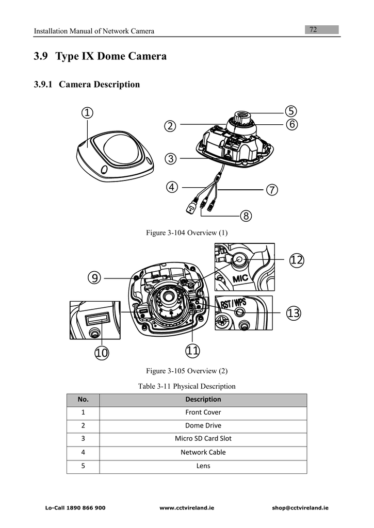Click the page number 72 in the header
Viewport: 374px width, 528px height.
[x=313, y=30]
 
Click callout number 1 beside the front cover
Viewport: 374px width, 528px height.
[x=87, y=112]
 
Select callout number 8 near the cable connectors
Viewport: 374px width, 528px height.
[x=246, y=216]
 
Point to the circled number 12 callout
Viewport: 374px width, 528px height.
[x=296, y=260]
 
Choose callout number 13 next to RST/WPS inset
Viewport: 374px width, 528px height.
[x=294, y=313]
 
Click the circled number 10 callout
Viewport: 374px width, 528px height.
[x=102, y=353]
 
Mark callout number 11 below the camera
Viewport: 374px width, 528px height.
[x=192, y=351]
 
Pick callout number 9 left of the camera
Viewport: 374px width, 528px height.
[x=94, y=278]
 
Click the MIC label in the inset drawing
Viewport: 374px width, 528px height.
[x=240, y=278]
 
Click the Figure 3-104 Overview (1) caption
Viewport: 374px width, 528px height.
[x=187, y=233]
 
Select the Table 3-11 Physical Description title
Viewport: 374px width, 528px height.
[x=187, y=386]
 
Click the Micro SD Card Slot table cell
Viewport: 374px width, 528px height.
[x=203, y=439]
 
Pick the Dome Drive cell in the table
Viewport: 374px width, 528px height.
[x=203, y=425]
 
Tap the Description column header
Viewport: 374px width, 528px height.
[x=203, y=399]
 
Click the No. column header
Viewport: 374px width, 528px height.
[x=83, y=399]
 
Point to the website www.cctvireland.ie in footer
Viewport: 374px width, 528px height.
[x=187, y=508]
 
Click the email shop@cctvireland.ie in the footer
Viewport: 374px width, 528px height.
[x=300, y=508]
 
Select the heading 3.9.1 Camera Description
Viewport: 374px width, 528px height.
[x=87, y=85]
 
